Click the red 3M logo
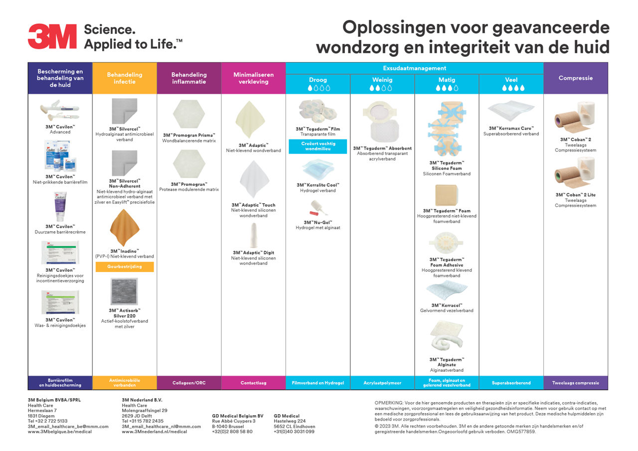(x=52, y=36)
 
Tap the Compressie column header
(x=576, y=78)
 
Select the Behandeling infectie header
(x=125, y=78)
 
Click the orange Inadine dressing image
(x=125, y=228)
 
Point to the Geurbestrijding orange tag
(x=125, y=267)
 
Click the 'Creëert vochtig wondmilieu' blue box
(x=318, y=147)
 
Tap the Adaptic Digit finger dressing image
(x=253, y=235)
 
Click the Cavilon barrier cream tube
(x=60, y=206)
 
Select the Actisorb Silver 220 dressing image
(x=124, y=292)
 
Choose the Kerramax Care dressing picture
(x=511, y=111)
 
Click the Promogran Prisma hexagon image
(x=189, y=114)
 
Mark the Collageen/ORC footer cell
(x=189, y=383)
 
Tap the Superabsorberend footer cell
(x=511, y=383)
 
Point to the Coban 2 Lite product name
(x=576, y=195)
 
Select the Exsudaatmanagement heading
(x=414, y=68)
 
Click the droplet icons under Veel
(x=513, y=88)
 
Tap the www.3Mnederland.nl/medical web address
(x=155, y=432)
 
